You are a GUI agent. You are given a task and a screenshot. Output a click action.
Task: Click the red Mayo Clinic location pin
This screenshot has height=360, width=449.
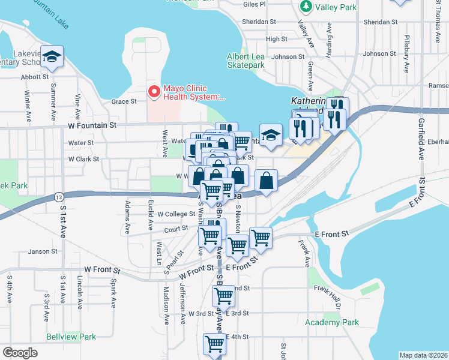[154, 92]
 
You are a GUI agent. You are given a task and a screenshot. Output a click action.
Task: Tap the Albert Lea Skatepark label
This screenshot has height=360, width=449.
[246, 61]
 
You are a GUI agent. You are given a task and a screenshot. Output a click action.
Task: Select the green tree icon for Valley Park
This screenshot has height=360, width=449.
[306, 7]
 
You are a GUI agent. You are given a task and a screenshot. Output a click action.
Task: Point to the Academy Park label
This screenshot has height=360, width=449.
[332, 322]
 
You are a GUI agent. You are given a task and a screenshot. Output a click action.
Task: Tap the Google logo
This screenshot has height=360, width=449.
[20, 353]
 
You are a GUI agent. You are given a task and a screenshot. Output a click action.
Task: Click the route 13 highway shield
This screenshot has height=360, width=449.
[58, 197]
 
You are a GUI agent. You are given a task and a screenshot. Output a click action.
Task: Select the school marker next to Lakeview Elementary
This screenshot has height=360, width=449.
[52, 56]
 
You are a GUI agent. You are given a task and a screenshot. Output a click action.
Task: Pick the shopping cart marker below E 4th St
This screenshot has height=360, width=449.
[214, 344]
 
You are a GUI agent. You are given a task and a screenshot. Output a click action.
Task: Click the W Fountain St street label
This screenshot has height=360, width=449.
[92, 125]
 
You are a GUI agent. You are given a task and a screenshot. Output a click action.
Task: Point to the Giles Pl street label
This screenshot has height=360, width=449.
[255, 4]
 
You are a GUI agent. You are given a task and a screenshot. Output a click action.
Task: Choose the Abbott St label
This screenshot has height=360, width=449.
[35, 77]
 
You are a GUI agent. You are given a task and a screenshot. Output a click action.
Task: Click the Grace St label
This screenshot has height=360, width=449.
[124, 101]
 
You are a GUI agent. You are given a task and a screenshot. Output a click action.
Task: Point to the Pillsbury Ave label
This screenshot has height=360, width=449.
[406, 54]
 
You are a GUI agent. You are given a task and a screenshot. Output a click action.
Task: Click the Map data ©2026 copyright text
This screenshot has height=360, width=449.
[423, 355]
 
